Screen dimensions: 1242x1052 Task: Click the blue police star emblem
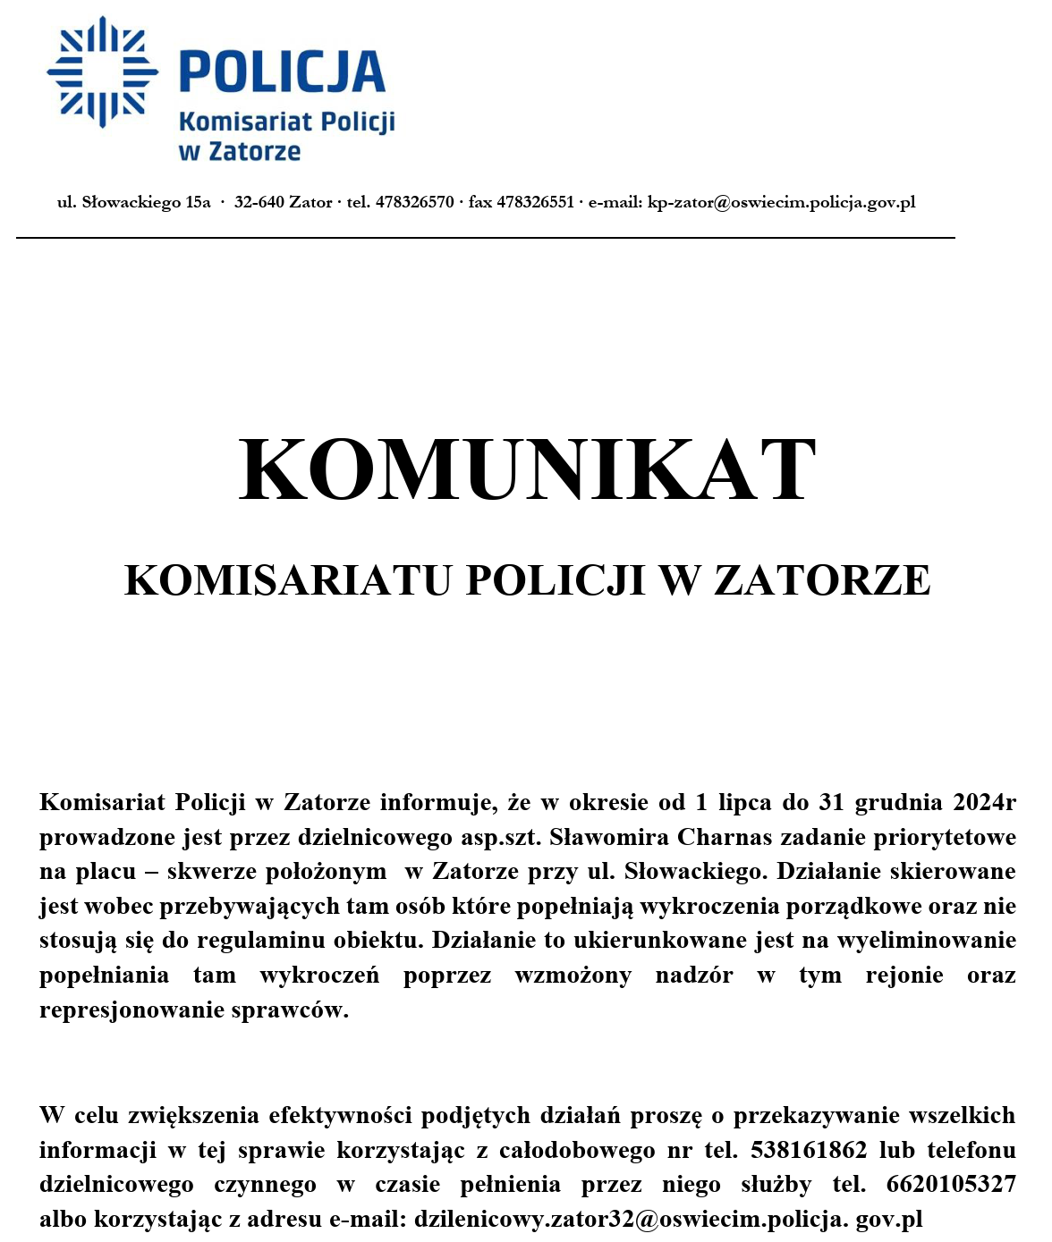point(102,72)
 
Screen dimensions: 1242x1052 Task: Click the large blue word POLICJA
point(283,72)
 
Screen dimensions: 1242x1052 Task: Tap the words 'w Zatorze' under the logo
point(240,151)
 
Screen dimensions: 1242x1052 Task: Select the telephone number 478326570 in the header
point(414,202)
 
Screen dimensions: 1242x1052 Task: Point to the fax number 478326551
point(535,202)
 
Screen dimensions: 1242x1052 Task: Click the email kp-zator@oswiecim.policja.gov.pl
point(781,202)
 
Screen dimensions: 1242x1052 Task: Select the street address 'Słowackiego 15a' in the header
point(146,202)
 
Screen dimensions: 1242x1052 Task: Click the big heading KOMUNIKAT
point(528,470)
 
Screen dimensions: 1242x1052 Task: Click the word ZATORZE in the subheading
point(822,580)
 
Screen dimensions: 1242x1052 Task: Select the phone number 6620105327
point(951,1185)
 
